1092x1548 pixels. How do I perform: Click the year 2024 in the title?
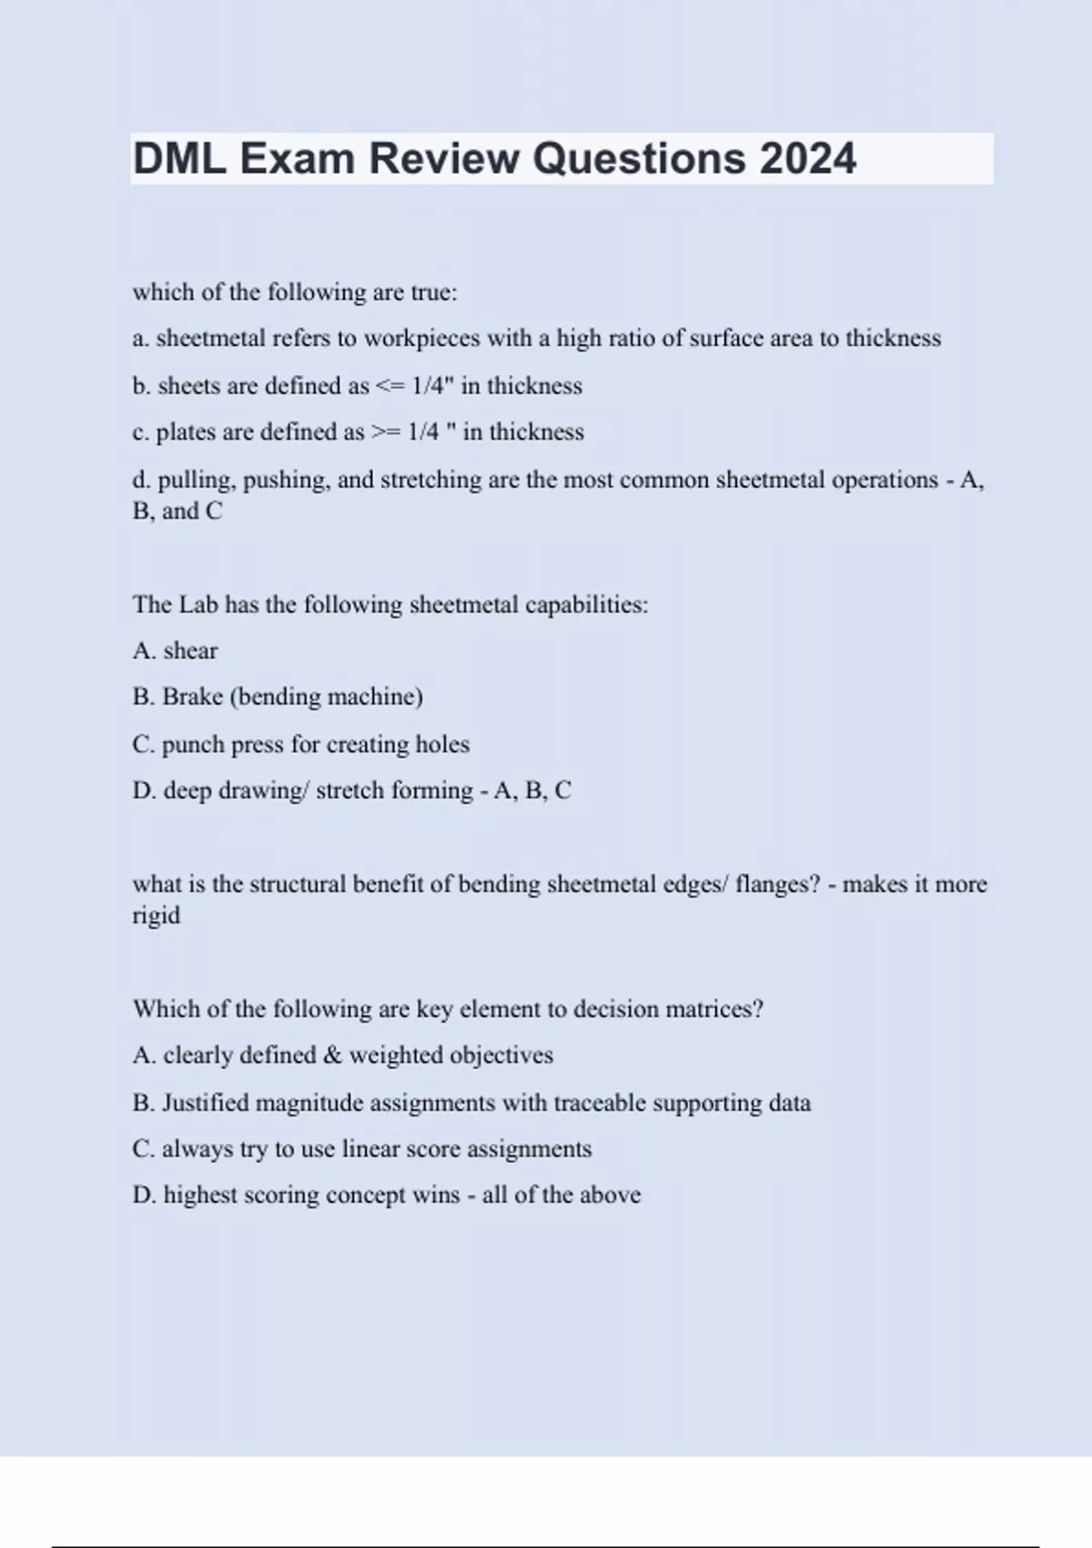click(x=807, y=159)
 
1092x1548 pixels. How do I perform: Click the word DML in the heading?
click(x=179, y=159)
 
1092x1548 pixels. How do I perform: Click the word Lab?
click(x=197, y=605)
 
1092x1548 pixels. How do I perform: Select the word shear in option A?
click(x=190, y=651)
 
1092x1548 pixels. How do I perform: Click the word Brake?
click(x=192, y=697)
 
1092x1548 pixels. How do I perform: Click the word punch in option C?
click(x=191, y=745)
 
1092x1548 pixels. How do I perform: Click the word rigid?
click(x=156, y=916)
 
